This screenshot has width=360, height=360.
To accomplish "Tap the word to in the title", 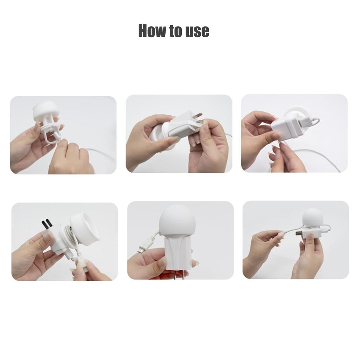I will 174,32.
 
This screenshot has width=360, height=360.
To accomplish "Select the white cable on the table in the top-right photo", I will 316,155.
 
